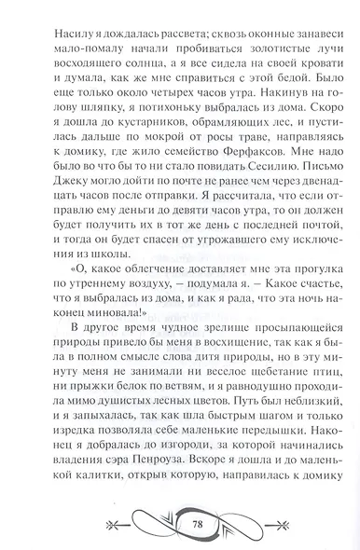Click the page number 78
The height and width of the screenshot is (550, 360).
[181, 525]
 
